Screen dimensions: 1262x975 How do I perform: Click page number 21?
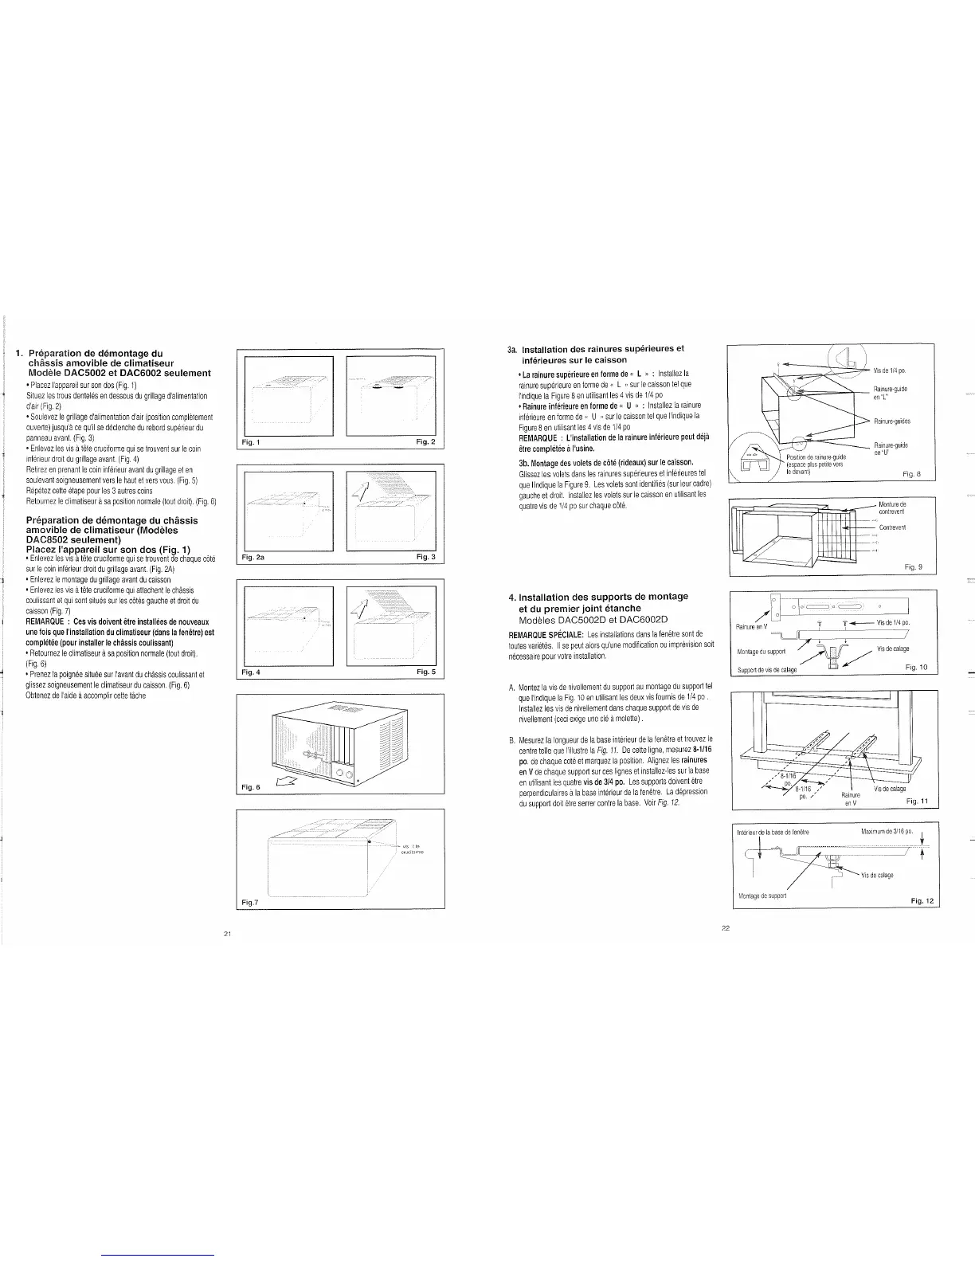point(227,934)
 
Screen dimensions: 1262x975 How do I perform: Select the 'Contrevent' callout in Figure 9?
point(892,528)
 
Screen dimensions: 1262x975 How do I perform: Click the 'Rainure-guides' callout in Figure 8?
point(892,421)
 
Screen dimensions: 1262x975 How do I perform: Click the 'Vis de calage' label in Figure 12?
point(877,875)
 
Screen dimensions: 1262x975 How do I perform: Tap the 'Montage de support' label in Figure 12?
point(764,895)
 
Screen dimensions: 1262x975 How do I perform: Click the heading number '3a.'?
point(513,349)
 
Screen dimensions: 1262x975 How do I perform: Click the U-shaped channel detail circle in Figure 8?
point(750,457)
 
